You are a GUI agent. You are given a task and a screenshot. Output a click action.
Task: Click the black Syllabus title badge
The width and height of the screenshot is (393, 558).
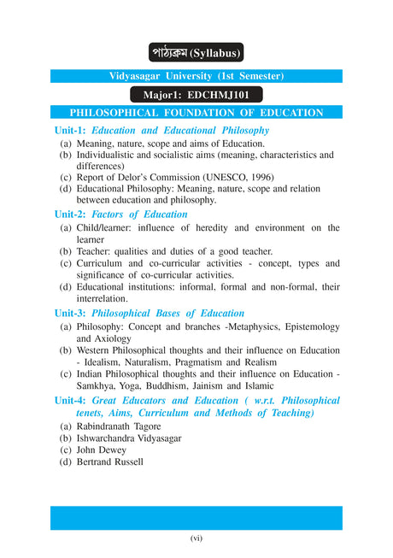[x=196, y=52]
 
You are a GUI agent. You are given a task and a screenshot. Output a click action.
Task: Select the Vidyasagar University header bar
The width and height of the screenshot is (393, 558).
[x=196, y=76]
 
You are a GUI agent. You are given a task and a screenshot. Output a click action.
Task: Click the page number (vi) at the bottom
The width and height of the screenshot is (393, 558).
[x=196, y=537]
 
